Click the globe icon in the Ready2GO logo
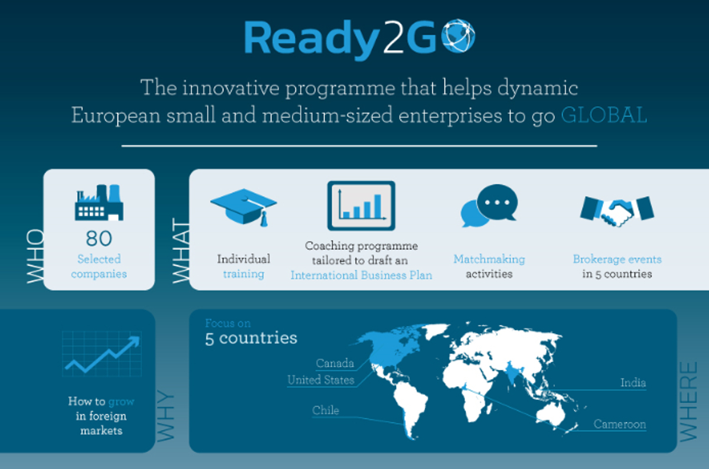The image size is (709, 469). pos(458,35)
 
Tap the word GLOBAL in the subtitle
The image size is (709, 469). pos(604,115)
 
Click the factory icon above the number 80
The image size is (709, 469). pos(99,203)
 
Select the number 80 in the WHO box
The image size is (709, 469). pos(99,238)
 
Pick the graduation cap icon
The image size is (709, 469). pos(243,207)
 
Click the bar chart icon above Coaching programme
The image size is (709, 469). pos(361,206)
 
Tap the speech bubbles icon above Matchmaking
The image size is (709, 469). pos(489,206)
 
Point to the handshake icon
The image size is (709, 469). pos(617,211)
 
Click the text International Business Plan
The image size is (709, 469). pos(362,275)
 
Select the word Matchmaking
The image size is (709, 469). pos(489,259)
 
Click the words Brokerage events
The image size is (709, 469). pos(617,259)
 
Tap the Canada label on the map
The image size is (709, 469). pos(335,363)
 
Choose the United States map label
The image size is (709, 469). pos(321,380)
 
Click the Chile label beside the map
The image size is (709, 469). pos(326,411)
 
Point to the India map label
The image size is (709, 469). pos(633,383)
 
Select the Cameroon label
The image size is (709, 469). pos(620,424)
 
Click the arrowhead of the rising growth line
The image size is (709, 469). pos(134,341)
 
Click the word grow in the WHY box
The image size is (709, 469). pos(121,402)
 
